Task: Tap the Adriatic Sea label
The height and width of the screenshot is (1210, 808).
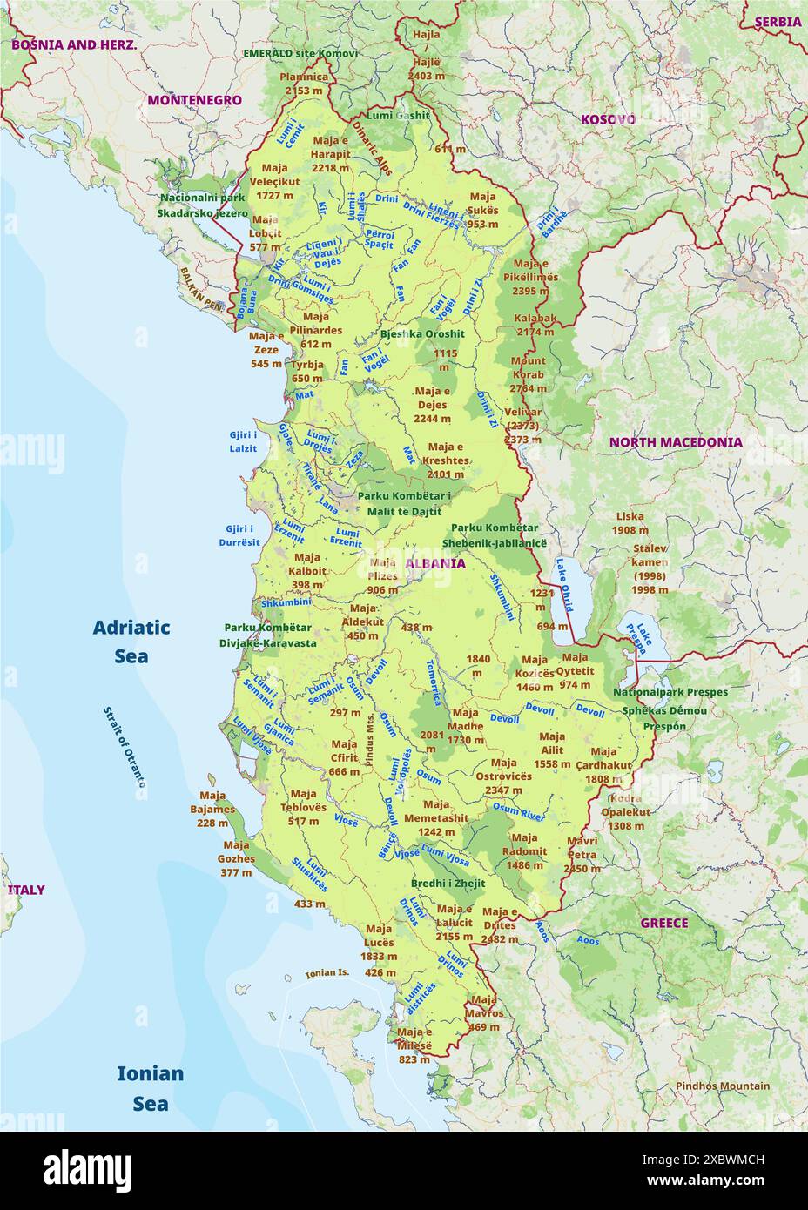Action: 131,642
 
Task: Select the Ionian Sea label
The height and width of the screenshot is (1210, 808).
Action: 151,1088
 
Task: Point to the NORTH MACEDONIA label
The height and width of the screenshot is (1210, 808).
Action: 676,442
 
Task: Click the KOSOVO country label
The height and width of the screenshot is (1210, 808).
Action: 608,119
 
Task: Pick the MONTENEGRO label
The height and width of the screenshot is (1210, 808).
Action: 194,100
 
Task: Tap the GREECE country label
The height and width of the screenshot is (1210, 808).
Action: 664,923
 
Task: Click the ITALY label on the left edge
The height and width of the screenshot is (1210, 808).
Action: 26,890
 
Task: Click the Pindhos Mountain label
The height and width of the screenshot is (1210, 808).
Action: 723,1086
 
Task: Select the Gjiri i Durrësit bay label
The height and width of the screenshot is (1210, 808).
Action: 239,535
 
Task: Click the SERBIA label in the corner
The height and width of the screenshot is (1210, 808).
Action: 778,22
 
